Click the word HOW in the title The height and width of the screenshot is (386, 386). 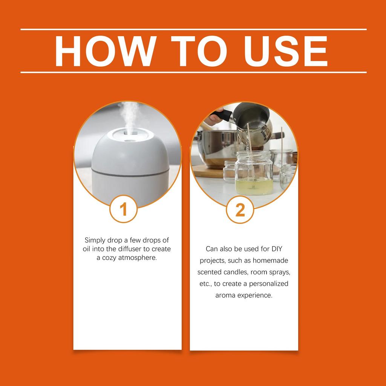(x=106, y=51)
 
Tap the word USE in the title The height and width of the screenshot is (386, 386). (x=286, y=51)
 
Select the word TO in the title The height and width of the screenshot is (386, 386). (x=199, y=51)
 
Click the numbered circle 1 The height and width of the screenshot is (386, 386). (x=123, y=209)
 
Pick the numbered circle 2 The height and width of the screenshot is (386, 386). (x=240, y=210)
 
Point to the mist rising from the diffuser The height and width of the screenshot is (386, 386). (x=129, y=116)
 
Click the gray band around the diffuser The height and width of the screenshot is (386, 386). (x=130, y=173)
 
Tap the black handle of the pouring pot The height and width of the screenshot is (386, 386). (x=222, y=115)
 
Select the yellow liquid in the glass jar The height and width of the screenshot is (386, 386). (x=254, y=186)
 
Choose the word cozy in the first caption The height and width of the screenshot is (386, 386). (x=109, y=258)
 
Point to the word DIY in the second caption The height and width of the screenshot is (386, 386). (x=277, y=249)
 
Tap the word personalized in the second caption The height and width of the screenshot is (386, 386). (x=268, y=283)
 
